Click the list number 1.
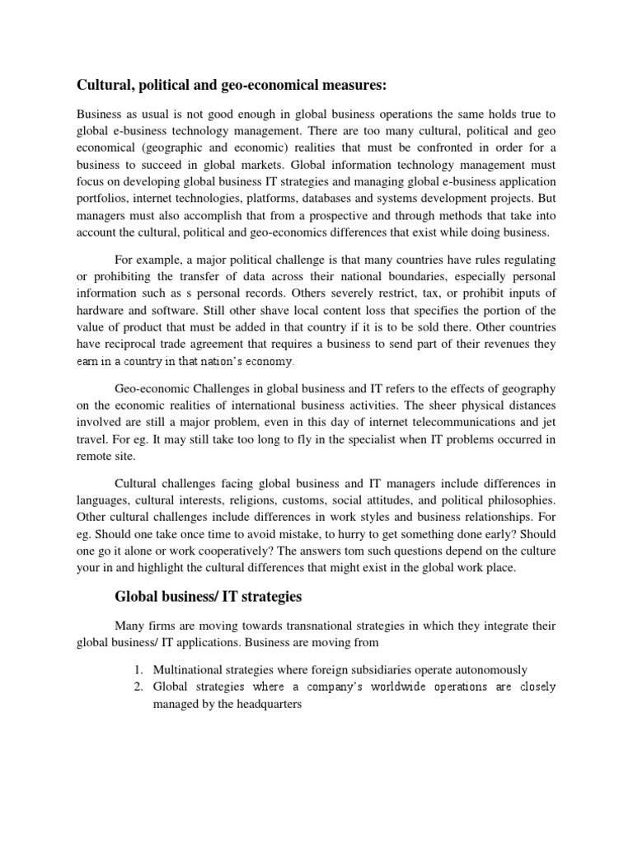138,670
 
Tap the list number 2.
138,687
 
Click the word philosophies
518,501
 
